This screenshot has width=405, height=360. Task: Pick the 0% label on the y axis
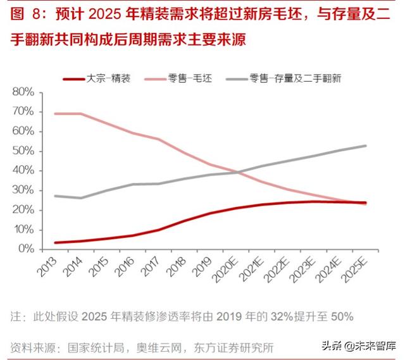(x=26, y=249)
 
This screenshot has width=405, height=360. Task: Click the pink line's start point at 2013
(x=56, y=114)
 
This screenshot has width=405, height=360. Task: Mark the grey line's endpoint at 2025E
(x=366, y=146)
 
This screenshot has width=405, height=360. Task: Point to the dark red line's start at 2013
(x=56, y=242)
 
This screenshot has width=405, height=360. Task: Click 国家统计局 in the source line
(x=89, y=347)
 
